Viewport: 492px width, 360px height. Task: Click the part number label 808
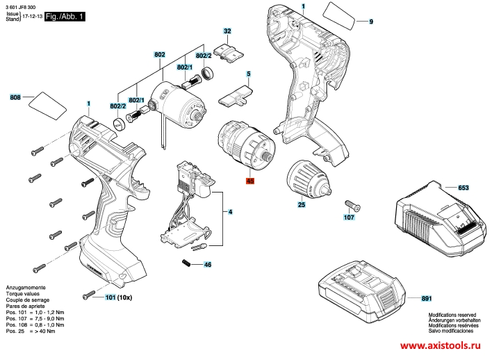click(15, 97)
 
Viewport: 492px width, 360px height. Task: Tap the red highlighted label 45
click(250, 181)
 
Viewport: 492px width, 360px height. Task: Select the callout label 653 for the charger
click(464, 188)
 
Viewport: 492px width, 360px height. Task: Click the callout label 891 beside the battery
click(426, 299)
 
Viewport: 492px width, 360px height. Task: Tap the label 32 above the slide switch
click(227, 31)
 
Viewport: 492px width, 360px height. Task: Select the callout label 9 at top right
click(370, 23)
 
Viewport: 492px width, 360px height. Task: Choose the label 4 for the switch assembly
click(230, 211)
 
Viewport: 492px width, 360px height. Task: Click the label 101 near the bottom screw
click(110, 297)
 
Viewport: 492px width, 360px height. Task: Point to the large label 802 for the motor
click(160, 54)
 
